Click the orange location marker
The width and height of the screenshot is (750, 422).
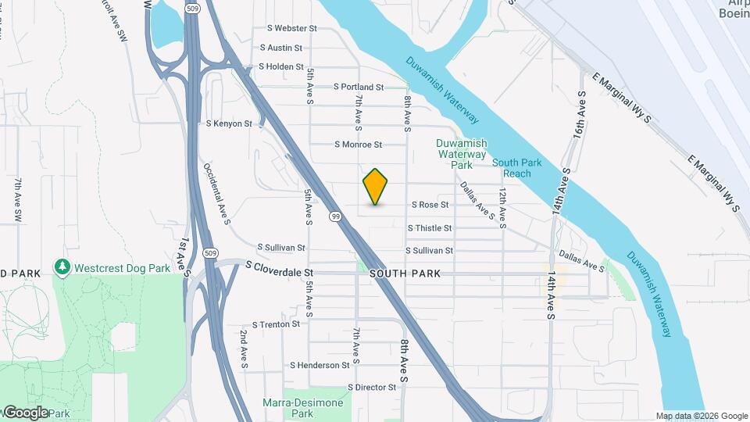376,186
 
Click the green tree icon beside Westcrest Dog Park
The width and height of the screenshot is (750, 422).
62,267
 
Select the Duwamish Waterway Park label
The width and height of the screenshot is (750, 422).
462,154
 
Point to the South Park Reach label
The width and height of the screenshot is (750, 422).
512,168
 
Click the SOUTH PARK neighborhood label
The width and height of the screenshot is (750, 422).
405,274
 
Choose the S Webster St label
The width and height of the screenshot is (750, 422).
291,28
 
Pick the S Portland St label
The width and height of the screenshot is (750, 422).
359,87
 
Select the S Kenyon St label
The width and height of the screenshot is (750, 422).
229,123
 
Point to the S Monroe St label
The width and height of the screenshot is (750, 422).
358,145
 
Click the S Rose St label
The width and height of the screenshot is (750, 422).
430,205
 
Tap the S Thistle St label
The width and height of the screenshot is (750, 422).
430,228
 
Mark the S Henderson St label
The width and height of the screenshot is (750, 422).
320,365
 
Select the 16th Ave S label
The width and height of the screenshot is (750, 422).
579,115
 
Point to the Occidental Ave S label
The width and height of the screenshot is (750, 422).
216,194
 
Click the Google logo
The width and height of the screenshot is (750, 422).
25,412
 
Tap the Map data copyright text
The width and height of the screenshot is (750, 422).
701,416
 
